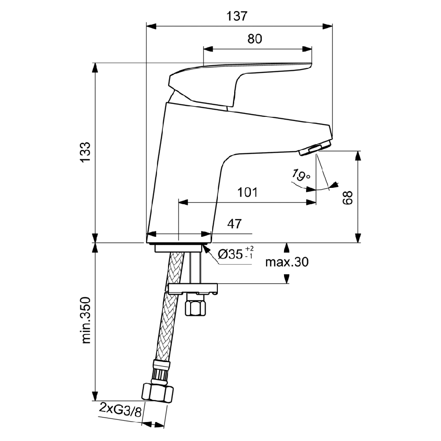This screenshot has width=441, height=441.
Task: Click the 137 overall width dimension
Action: pyautogui.click(x=237, y=16)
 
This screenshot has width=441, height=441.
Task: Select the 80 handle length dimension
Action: pyautogui.click(x=254, y=39)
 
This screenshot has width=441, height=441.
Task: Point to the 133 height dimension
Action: pyautogui.click(x=85, y=152)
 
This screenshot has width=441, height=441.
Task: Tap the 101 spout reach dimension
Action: pyautogui.click(x=247, y=192)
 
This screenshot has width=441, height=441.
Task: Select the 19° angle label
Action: pyautogui.click(x=301, y=176)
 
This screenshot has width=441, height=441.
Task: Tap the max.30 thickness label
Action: pyautogui.click(x=287, y=262)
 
